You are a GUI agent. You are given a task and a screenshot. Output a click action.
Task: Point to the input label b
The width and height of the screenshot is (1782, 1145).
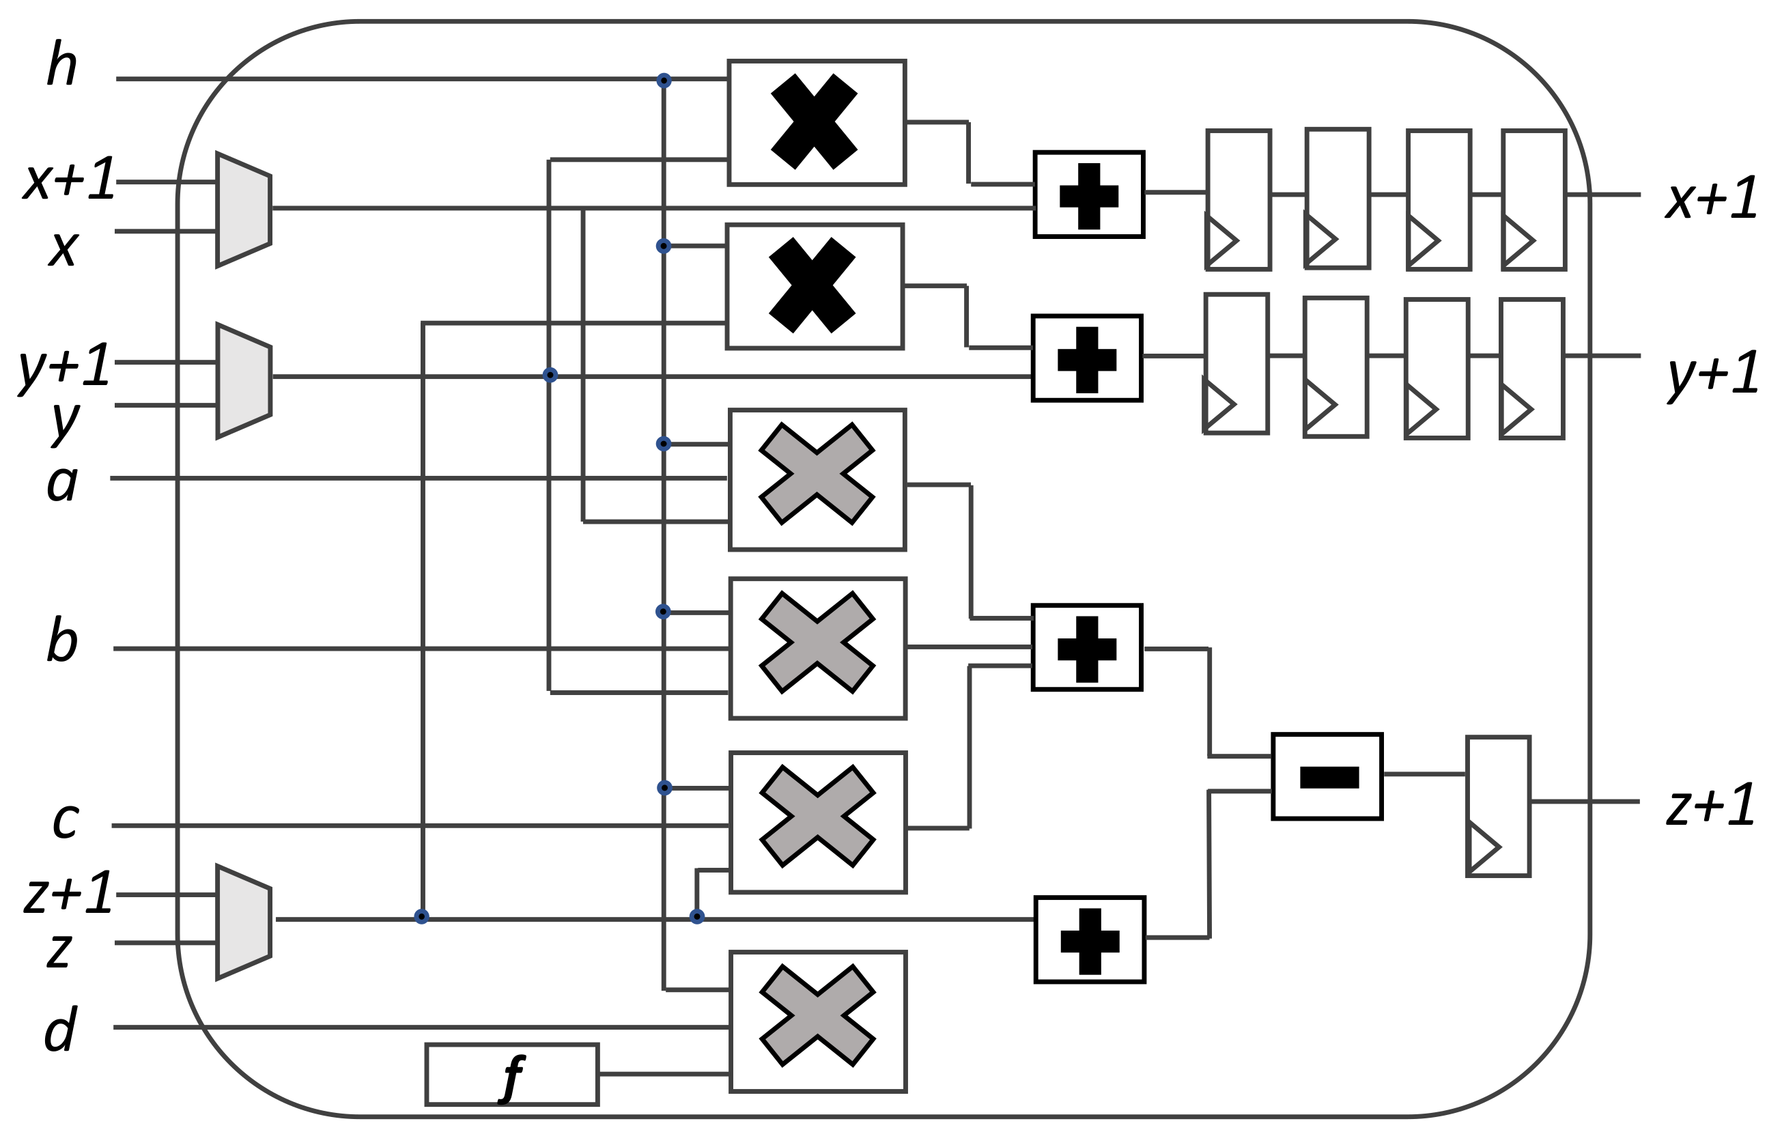(61, 640)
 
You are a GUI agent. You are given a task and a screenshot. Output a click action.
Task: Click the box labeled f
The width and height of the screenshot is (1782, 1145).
(511, 1075)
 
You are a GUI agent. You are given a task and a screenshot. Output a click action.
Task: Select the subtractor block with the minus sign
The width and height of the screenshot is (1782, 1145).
(1327, 777)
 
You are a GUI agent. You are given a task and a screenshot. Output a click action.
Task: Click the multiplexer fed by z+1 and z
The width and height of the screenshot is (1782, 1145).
(243, 922)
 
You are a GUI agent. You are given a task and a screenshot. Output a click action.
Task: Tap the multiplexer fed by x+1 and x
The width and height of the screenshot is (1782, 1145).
(243, 210)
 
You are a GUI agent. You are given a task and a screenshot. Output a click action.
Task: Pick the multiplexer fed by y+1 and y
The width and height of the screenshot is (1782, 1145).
(243, 381)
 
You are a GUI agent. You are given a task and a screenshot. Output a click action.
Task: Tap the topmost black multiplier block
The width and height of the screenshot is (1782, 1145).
(817, 122)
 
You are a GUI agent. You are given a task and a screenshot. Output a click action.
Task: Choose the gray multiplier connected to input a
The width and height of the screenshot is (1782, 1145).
(817, 479)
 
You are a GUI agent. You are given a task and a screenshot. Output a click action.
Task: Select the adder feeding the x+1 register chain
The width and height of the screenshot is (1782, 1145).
(1088, 195)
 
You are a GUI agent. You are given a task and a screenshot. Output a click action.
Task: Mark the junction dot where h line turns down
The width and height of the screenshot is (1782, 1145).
(664, 81)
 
